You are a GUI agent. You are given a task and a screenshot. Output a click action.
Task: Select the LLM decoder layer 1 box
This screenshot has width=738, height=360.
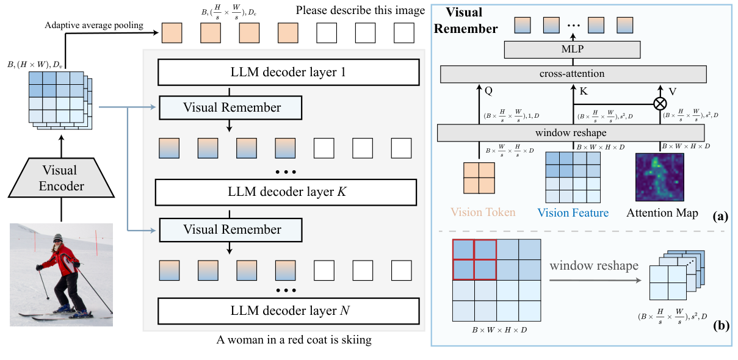(289, 73)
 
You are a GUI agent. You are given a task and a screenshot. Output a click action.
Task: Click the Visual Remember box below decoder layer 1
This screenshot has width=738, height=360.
(232, 107)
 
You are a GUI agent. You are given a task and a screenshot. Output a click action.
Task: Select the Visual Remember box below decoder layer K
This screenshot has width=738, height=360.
(232, 229)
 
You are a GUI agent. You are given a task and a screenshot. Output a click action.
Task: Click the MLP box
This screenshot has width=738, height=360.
(572, 49)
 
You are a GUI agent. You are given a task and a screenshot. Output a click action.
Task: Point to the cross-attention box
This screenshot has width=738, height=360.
(572, 73)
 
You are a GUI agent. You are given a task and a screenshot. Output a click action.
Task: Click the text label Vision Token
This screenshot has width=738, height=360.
(483, 213)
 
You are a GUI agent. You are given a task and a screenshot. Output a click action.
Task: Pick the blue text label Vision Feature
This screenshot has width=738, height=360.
(573, 213)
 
